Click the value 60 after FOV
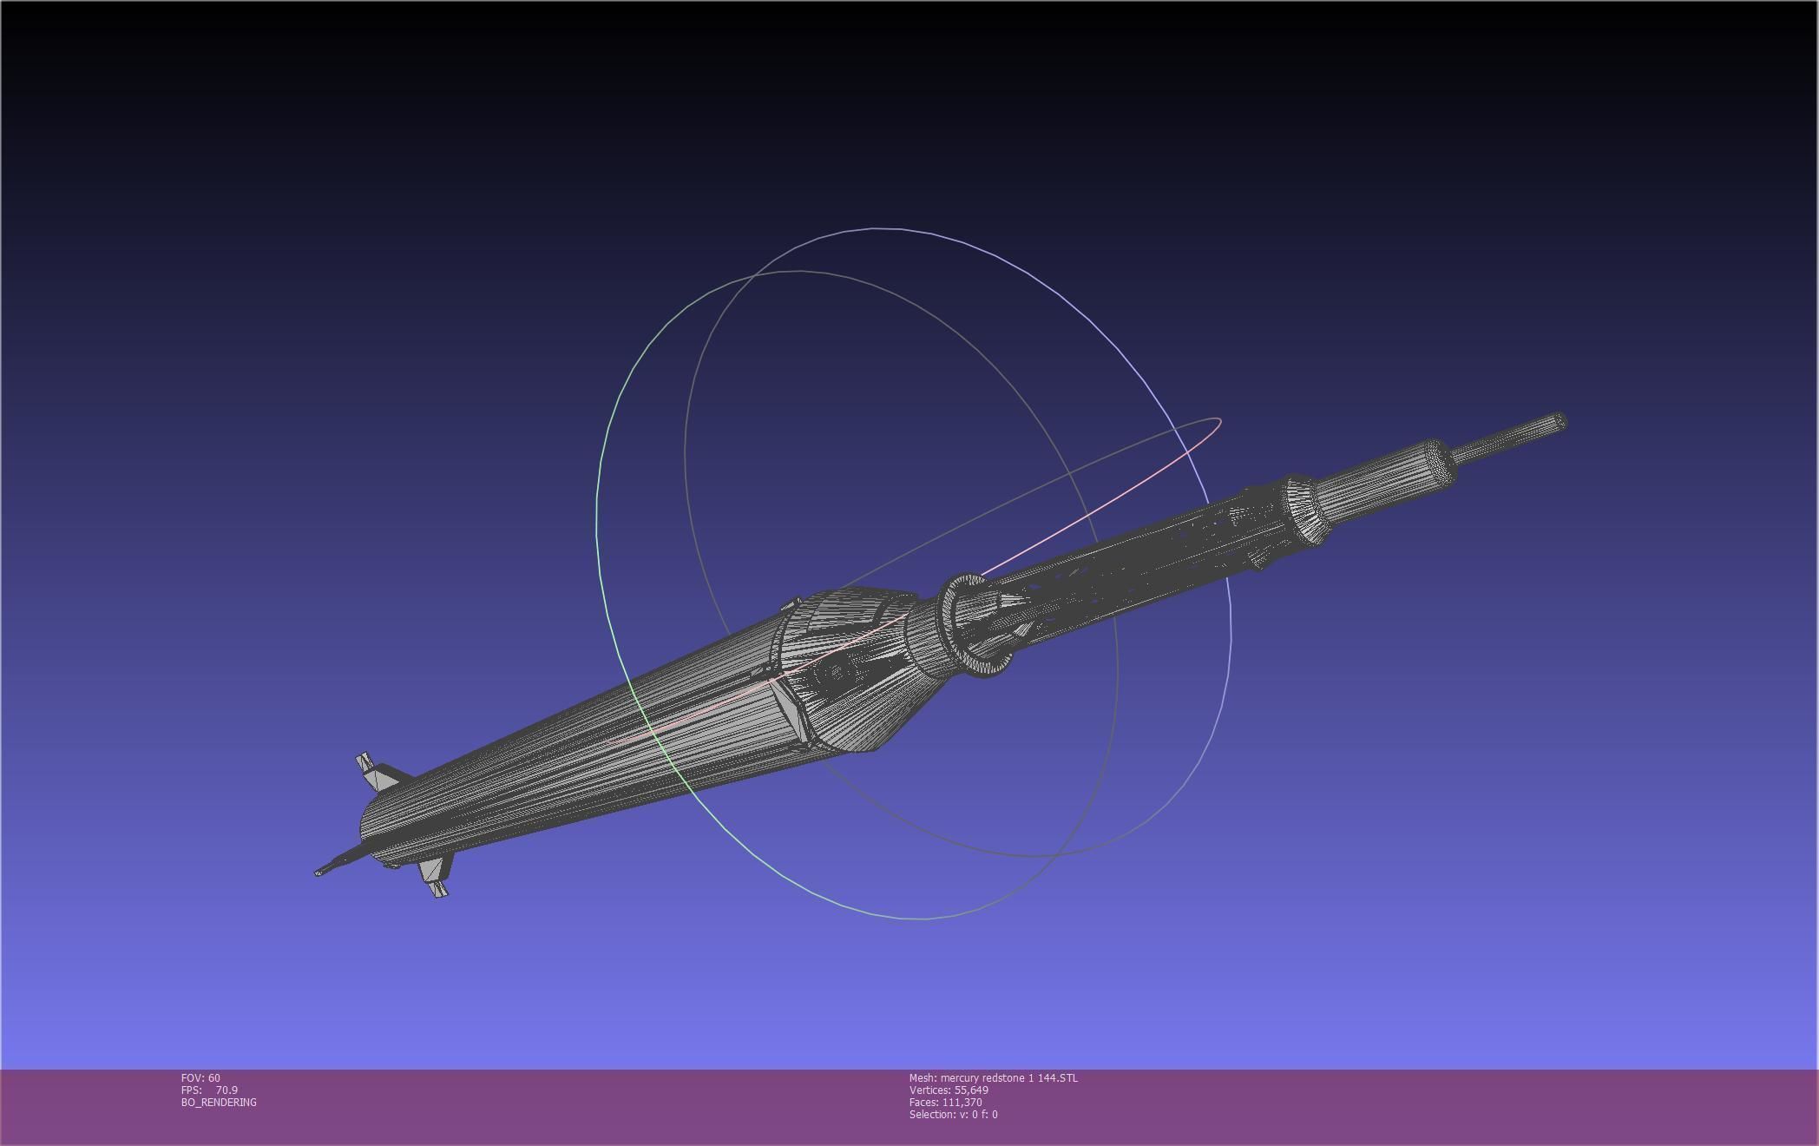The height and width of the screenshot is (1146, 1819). click(x=214, y=1078)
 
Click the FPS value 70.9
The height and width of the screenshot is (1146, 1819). click(x=227, y=1090)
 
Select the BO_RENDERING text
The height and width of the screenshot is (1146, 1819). click(x=219, y=1103)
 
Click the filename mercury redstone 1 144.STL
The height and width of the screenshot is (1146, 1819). click(x=1009, y=1078)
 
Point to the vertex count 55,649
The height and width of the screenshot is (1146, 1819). click(x=971, y=1090)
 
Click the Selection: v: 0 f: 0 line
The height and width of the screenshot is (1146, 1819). click(x=953, y=1115)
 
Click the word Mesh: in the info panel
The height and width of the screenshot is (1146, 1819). click(x=923, y=1078)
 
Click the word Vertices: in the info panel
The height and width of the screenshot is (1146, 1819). click(x=929, y=1090)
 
